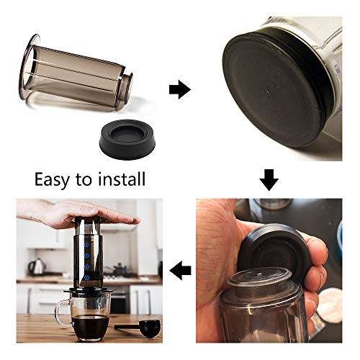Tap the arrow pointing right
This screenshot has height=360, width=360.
point(178,89)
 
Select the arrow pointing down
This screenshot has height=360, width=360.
point(269,179)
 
